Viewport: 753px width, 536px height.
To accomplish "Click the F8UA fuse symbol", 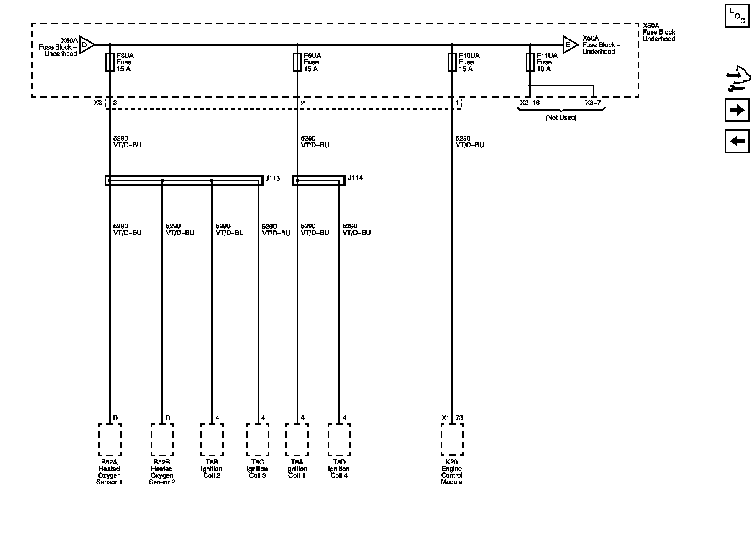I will point(110,62).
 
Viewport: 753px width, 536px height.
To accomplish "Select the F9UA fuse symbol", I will point(297,62).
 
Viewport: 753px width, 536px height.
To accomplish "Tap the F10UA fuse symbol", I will point(452,62).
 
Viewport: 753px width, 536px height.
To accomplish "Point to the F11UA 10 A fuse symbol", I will point(530,62).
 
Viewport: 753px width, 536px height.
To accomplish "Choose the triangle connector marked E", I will point(569,44).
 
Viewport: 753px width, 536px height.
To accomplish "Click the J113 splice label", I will point(273,178).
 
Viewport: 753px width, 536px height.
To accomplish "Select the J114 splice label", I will point(356,178).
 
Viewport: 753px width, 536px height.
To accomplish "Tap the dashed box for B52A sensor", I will point(110,439).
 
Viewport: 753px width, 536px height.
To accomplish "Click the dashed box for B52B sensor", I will point(162,439).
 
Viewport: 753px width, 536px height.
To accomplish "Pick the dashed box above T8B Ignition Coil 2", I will point(212,439).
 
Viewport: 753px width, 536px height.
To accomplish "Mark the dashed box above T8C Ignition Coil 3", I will point(258,439).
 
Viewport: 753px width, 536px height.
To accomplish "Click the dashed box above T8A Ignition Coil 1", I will point(297,439).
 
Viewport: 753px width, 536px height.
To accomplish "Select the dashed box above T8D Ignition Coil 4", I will point(339,439).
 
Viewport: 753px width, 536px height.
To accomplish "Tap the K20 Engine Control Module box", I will point(452,439).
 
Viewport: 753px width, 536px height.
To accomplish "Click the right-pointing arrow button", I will point(737,110).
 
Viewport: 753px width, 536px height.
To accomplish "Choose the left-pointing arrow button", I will point(737,141).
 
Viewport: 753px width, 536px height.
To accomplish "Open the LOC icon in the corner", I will point(737,15).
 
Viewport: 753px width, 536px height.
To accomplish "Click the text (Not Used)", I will point(561,118).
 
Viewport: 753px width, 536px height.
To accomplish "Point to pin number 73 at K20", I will point(459,418).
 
